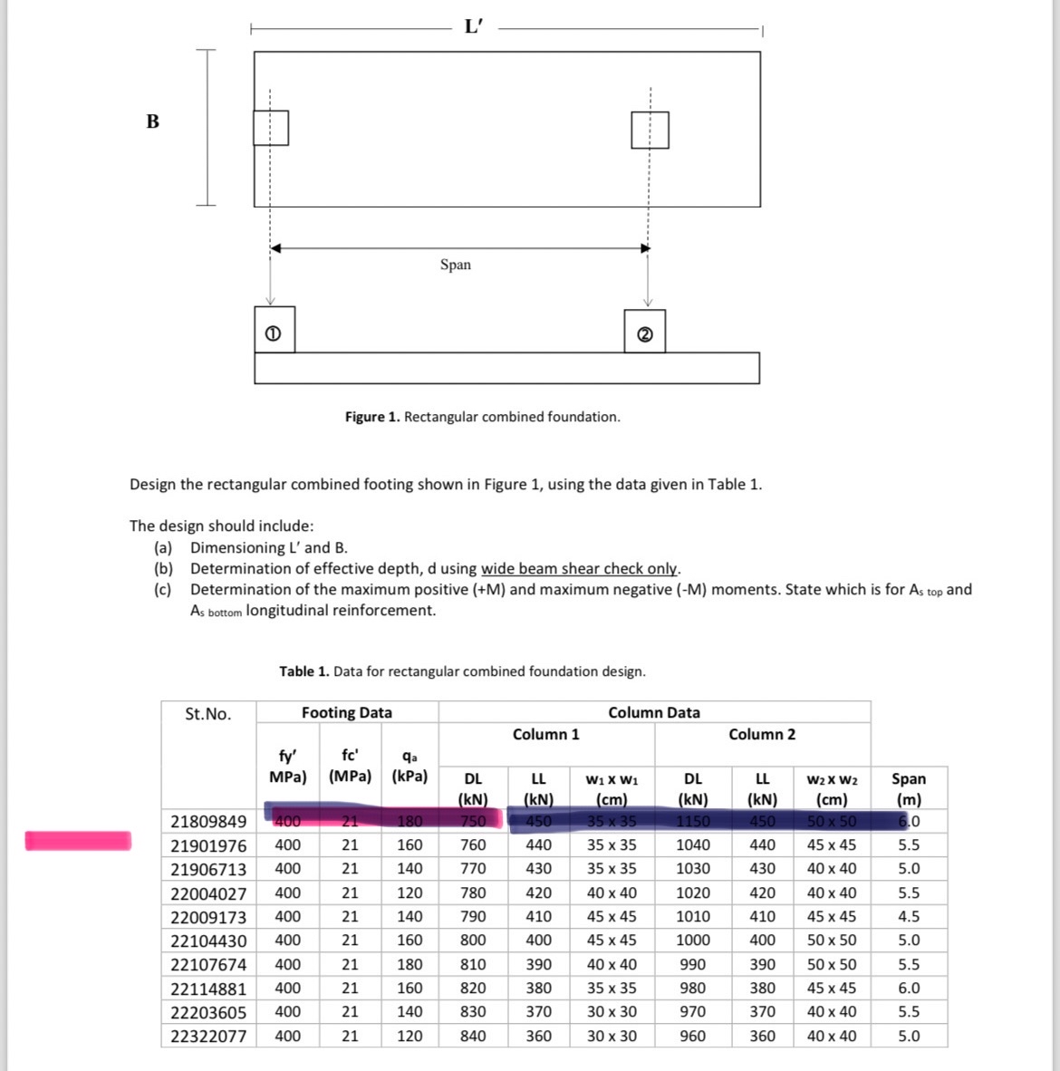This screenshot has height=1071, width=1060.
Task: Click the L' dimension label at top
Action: (473, 26)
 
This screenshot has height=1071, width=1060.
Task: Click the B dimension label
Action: (152, 121)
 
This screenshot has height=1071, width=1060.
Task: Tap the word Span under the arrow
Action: (455, 265)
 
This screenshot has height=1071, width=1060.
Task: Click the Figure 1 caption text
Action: (482, 417)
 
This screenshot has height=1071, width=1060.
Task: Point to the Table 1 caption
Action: (462, 671)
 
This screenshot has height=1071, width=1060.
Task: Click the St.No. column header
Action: (207, 714)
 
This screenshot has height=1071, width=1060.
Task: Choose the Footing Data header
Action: (347, 713)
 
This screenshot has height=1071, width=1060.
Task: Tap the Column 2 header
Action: (762, 735)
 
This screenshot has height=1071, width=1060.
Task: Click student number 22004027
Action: (208, 892)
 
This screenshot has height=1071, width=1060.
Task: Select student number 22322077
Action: (208, 1036)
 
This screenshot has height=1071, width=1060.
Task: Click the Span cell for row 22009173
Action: (909, 916)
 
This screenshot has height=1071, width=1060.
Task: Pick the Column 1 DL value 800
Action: (473, 941)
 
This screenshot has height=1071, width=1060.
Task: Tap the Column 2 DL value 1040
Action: (693, 844)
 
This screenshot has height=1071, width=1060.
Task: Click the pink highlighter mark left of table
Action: (78, 841)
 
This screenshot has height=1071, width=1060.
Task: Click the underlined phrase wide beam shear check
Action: (579, 569)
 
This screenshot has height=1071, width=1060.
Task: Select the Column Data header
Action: (654, 713)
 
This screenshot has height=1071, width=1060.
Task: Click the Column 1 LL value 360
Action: (538, 1036)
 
